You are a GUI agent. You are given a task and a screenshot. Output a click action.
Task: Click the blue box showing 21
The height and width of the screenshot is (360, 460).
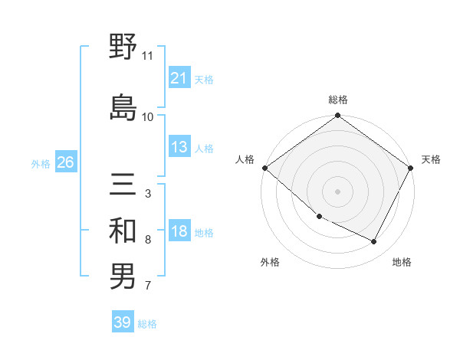pos(179,77)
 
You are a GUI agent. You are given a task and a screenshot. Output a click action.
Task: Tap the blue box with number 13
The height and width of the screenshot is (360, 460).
pos(179,147)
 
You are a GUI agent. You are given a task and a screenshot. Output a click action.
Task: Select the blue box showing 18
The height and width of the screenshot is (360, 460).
pos(179,232)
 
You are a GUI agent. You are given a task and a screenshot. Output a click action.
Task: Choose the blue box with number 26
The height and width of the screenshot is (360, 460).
pos(65,162)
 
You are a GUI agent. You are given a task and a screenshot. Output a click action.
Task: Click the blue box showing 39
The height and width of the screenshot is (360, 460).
pos(122,322)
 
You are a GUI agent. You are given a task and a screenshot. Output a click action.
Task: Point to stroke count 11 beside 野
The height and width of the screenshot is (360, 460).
pos(148,56)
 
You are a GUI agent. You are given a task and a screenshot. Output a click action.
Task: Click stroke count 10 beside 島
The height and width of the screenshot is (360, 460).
pos(148,116)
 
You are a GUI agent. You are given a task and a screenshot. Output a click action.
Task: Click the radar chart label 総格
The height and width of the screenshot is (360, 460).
pos(338,100)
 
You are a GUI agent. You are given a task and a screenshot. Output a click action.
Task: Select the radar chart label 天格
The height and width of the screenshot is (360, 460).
pos(431,159)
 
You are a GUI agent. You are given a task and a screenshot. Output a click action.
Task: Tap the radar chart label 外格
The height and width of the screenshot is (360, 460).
pos(270,262)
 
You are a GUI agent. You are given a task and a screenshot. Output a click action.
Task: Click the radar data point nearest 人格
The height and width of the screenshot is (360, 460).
pos(264,168)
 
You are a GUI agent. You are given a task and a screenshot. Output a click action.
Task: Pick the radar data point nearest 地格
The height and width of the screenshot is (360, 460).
pos(374,242)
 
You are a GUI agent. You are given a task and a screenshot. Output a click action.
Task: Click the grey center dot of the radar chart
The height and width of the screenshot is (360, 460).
pos(338,191)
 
